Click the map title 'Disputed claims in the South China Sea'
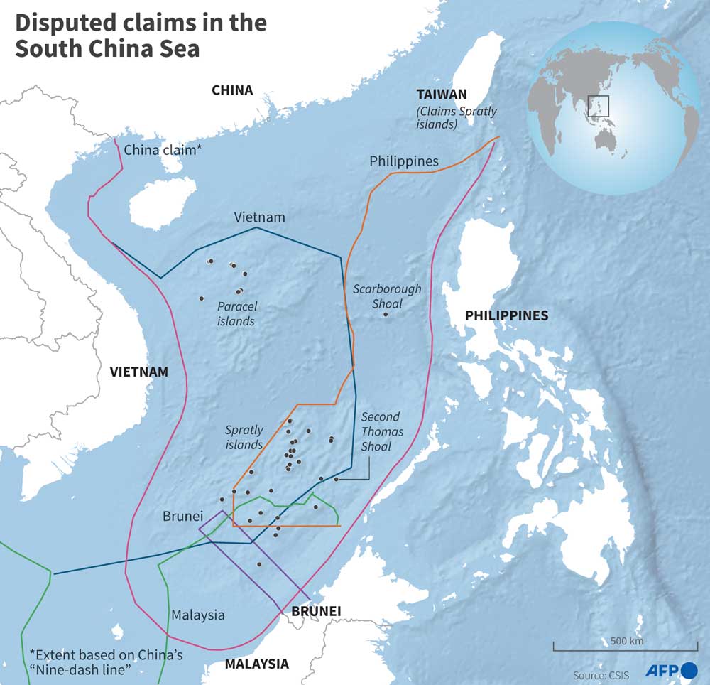point(141,36)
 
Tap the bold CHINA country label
point(232,90)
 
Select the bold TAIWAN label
point(442,94)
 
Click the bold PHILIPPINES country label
point(506,315)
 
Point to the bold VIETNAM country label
point(139,372)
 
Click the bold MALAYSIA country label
point(256,664)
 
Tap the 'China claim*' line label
point(163,150)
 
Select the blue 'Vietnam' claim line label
point(260,217)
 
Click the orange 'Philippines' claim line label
point(404,161)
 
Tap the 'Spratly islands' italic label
point(244,437)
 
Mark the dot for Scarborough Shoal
point(386,314)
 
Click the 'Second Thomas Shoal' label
point(381,432)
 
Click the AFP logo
point(671,670)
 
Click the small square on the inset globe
point(599,105)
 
